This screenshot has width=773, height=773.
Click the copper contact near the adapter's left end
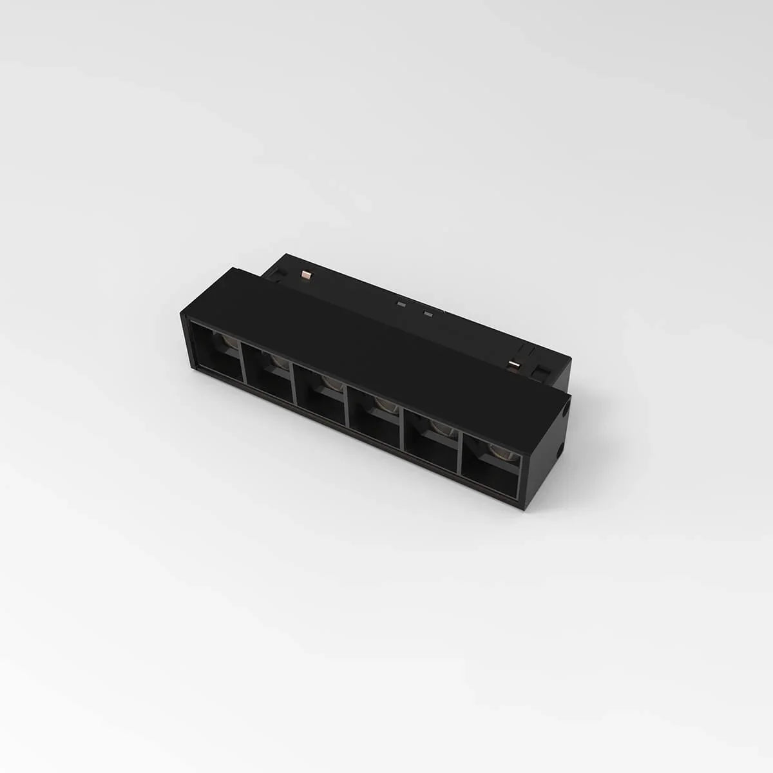(306, 276)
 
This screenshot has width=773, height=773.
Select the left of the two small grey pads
(402, 304)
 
